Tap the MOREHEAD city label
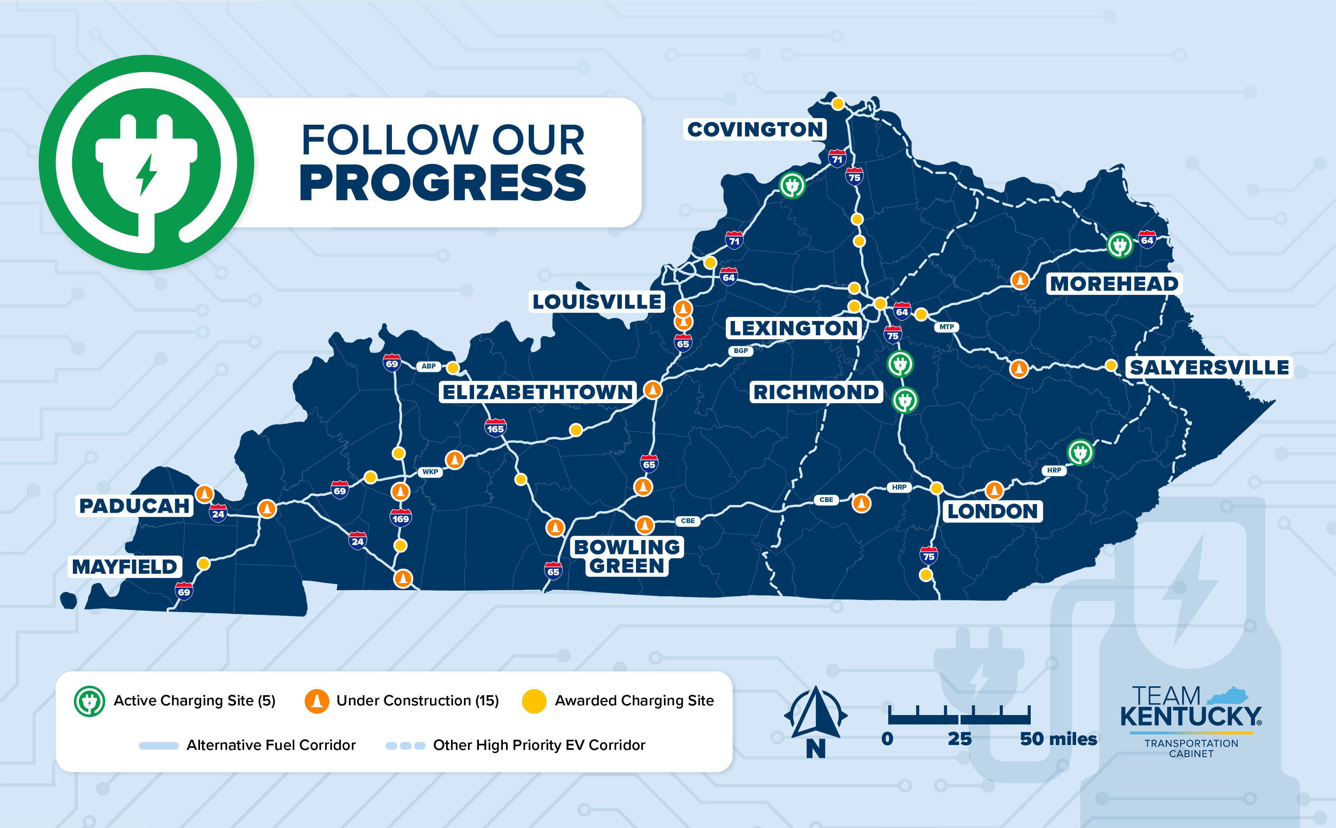1114,284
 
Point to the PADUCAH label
134,505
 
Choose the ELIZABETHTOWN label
537,392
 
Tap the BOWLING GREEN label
627,556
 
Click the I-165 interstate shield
495,428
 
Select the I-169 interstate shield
400,517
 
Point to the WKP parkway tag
430,472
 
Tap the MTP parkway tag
946,327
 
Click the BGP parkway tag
740,351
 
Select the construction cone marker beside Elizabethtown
652,390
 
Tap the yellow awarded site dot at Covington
837,104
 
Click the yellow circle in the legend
534,701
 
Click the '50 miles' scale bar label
1058,739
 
